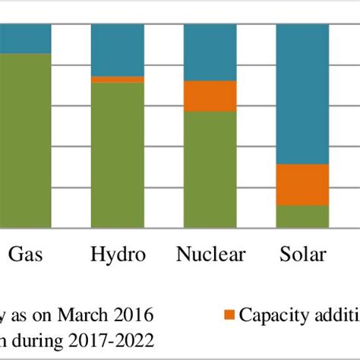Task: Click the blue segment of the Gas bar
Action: click(x=25, y=39)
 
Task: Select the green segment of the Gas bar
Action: click(x=25, y=141)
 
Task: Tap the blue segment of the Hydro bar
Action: click(x=118, y=50)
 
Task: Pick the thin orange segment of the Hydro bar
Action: click(x=118, y=79)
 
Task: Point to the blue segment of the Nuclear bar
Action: click(x=210, y=52)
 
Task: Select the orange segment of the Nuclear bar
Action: click(x=210, y=96)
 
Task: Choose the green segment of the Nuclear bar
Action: click(x=210, y=169)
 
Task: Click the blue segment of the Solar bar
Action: click(x=302, y=94)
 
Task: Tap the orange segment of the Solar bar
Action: click(x=302, y=185)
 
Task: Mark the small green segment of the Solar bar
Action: click(x=302, y=216)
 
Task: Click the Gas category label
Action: click(x=26, y=254)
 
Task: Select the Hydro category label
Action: click(x=118, y=254)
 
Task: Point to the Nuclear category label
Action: click(x=210, y=254)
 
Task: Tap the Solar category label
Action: click(x=302, y=254)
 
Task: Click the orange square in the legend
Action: click(x=232, y=314)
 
